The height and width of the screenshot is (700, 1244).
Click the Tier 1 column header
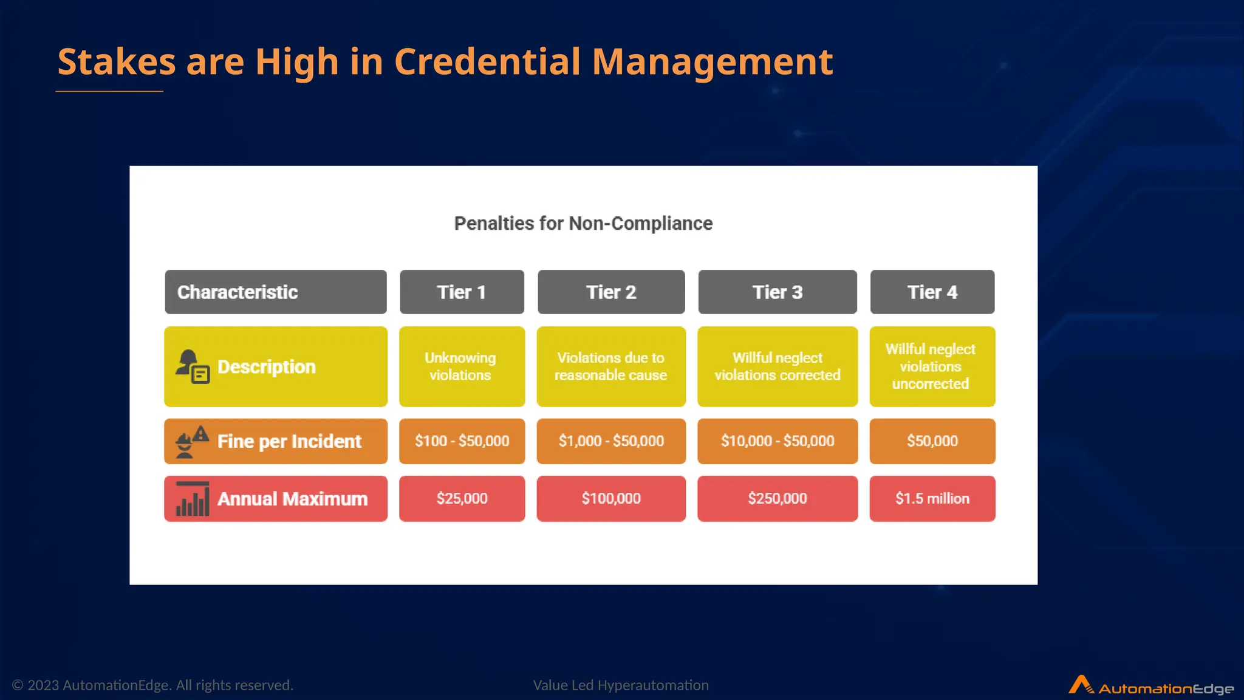point(462,292)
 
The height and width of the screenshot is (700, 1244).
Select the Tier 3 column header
point(777,292)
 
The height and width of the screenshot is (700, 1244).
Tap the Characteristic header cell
point(275,292)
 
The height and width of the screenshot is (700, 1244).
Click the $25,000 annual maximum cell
point(462,499)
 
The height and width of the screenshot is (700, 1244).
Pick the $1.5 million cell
point(932,499)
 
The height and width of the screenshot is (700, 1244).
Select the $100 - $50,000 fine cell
point(462,441)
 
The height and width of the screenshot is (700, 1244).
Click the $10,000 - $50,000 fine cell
point(777,441)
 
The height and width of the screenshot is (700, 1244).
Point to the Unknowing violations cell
point(462,366)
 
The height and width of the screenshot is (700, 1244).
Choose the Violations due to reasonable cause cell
point(611,366)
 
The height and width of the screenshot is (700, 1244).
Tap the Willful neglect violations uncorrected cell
point(932,366)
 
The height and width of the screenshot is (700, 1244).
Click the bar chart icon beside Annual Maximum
point(193,499)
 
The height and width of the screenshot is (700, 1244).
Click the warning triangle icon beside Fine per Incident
point(201,434)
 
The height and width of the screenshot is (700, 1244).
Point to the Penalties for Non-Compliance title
point(583,224)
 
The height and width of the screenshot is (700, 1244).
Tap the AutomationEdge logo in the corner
point(1150,686)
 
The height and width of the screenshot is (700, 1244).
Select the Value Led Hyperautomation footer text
point(621,685)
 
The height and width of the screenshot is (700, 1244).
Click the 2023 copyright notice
point(152,685)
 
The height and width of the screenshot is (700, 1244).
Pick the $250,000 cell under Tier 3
point(777,499)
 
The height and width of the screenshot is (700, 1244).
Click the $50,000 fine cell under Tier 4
point(932,441)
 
